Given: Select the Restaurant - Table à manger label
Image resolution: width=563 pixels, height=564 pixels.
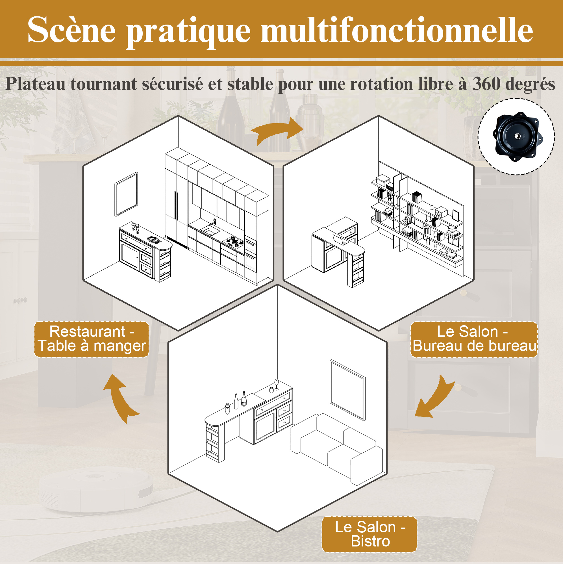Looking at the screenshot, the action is tap(92, 339).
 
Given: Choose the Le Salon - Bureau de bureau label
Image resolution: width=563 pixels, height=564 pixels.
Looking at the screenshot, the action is tap(474, 339).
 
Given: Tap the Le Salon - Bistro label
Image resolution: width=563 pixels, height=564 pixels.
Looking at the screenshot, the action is tap(369, 534).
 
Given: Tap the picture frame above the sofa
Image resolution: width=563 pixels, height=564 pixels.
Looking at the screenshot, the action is tap(348, 390).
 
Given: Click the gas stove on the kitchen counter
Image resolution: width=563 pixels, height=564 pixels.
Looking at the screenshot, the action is tap(234, 241).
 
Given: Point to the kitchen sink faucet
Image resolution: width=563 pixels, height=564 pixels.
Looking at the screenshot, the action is tap(214, 222).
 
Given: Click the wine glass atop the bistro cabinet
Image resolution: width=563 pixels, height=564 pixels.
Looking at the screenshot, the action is tap(276, 385).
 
